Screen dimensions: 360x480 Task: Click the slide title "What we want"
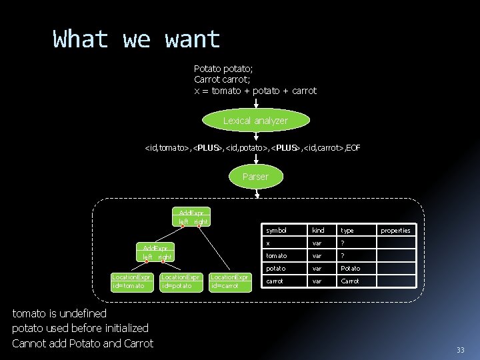coord(136,39)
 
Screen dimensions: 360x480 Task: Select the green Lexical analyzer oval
coord(255,121)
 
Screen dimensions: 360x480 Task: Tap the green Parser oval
coord(255,177)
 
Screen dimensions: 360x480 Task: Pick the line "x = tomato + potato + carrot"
coord(255,91)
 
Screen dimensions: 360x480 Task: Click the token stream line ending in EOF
coord(253,147)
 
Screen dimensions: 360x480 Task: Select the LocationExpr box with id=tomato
coord(132,281)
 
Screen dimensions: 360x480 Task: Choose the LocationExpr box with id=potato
coord(181,281)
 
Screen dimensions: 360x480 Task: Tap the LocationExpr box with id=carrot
coord(230,281)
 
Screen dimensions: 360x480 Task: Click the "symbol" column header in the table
coord(276,230)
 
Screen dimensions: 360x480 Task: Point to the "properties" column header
coord(395,230)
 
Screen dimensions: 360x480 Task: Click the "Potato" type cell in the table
coord(351,268)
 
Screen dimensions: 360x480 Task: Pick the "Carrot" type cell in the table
coord(350,281)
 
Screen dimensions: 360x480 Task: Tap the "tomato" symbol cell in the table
coord(277,255)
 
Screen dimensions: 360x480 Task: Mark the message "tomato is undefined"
coord(59,313)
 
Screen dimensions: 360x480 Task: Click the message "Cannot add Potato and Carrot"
coord(83,343)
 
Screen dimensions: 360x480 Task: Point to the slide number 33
coord(460,351)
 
